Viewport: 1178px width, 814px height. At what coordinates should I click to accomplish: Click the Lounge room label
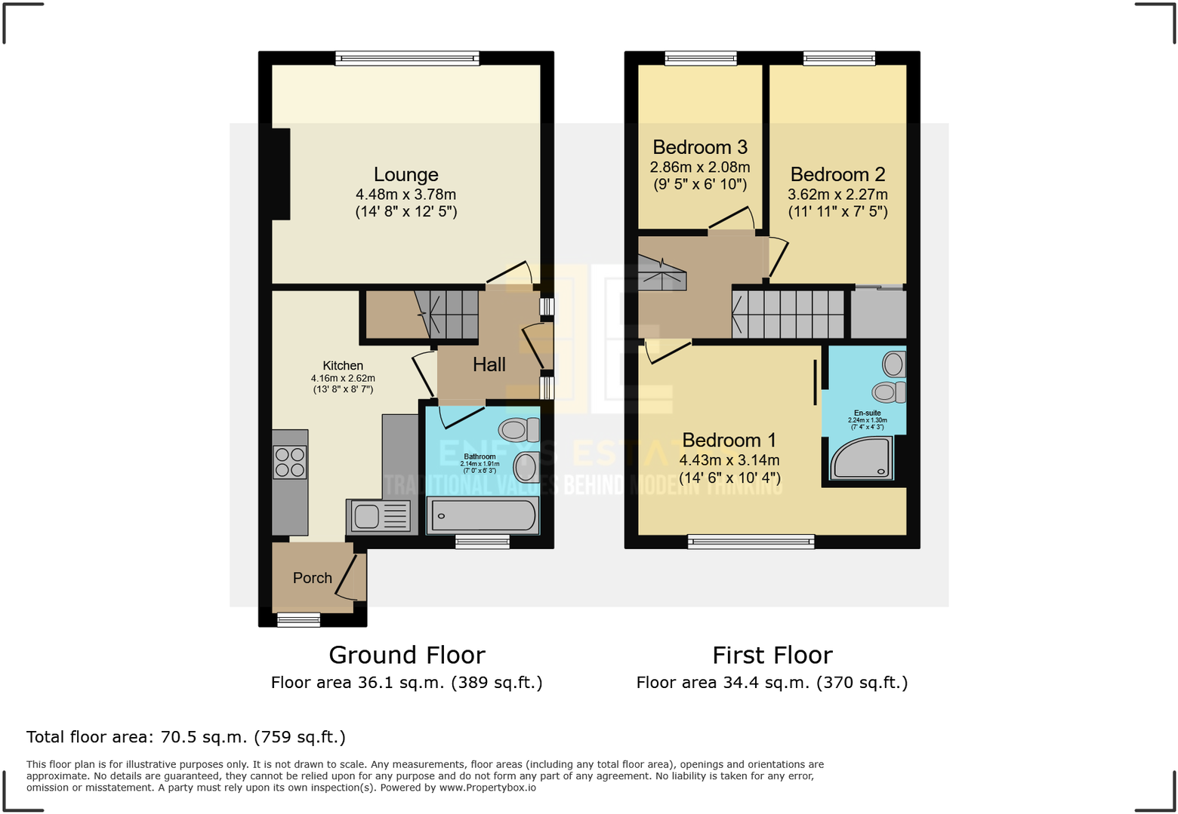pyautogui.click(x=406, y=175)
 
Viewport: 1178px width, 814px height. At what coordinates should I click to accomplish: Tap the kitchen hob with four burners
pyautogui.click(x=290, y=462)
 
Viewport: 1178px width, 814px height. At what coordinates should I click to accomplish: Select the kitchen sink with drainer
pyautogui.click(x=378, y=516)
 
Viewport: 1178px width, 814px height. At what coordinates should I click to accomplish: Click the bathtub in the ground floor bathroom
pyautogui.click(x=483, y=516)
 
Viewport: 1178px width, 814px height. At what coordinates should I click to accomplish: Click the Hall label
pyautogui.click(x=489, y=365)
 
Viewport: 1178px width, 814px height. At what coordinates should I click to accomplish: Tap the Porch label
pyautogui.click(x=312, y=578)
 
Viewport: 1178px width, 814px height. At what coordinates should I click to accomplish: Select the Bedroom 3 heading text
pyautogui.click(x=699, y=147)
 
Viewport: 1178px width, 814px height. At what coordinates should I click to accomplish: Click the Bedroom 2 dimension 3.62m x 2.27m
pyautogui.click(x=837, y=195)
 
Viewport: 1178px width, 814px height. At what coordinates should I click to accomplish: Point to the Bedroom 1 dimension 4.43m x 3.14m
pyautogui.click(x=729, y=460)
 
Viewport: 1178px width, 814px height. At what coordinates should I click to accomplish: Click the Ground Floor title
pyautogui.click(x=407, y=655)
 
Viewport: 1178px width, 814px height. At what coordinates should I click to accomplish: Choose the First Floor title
pyautogui.click(x=772, y=655)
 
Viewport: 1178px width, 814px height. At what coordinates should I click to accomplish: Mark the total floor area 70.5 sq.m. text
pyautogui.click(x=186, y=737)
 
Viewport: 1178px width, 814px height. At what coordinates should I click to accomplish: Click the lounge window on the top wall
pyautogui.click(x=407, y=58)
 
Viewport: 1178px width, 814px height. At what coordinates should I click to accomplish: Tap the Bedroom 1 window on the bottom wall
pyautogui.click(x=751, y=541)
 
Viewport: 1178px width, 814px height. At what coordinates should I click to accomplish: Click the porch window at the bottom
pyautogui.click(x=298, y=620)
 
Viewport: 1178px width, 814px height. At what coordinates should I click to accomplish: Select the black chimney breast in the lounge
pyautogui.click(x=280, y=174)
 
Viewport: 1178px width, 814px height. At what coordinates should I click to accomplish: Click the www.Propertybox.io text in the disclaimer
pyautogui.click(x=487, y=788)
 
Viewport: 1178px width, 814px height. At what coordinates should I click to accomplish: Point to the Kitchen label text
pyautogui.click(x=343, y=366)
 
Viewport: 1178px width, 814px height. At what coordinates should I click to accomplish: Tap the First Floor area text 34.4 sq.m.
pyautogui.click(x=772, y=683)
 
